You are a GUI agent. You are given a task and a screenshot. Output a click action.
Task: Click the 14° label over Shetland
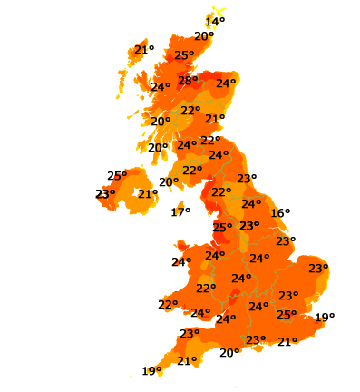click(215, 22)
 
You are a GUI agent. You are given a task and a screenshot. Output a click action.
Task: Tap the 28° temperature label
click(188, 81)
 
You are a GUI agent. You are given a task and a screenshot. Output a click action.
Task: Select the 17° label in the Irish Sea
click(180, 212)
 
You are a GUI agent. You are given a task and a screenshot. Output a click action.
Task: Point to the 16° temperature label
click(280, 212)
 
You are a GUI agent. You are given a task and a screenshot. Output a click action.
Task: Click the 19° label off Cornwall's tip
click(151, 370)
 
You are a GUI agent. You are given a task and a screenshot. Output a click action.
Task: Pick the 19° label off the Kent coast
click(325, 318)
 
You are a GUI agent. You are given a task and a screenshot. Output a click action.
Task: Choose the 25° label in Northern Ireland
click(117, 176)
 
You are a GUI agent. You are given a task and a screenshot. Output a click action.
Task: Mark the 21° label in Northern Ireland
click(147, 193)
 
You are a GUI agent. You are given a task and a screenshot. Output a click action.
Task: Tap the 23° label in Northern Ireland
click(105, 193)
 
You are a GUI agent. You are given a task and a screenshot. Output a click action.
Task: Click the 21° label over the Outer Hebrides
click(143, 50)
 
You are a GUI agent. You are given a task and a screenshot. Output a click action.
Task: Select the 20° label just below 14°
click(204, 37)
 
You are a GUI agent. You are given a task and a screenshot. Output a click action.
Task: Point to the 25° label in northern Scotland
click(184, 55)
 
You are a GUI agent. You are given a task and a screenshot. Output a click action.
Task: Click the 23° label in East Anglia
click(317, 269)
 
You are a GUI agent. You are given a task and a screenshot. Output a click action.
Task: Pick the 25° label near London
click(286, 315)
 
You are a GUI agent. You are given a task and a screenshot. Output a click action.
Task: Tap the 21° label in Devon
click(187, 361)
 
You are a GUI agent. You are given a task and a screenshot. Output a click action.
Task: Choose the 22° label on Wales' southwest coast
click(168, 305)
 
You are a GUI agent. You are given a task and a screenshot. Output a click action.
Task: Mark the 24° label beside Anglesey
click(181, 262)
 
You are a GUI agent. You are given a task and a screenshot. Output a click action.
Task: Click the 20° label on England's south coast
click(229, 353)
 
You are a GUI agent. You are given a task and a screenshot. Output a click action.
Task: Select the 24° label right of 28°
click(225, 83)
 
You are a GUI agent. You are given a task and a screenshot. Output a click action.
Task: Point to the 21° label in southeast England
click(287, 342)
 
